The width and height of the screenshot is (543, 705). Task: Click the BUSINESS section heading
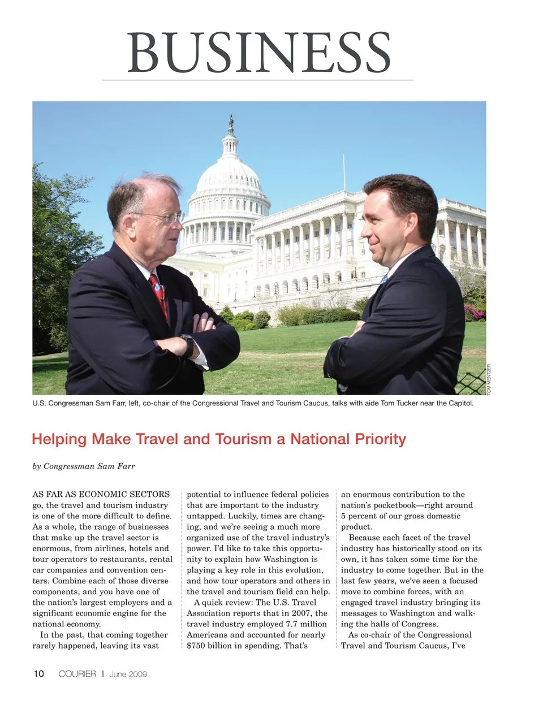pyautogui.click(x=258, y=52)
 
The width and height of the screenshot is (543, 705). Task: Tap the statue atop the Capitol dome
pyautogui.click(x=231, y=121)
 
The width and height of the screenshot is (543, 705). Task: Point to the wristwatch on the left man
pyautogui.click(x=187, y=344)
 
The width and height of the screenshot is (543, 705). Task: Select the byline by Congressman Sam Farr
pyautogui.click(x=84, y=466)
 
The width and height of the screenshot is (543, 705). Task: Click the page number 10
pyautogui.click(x=38, y=673)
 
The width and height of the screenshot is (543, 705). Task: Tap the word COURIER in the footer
pyautogui.click(x=77, y=674)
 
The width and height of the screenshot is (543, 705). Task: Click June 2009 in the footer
pyautogui.click(x=128, y=674)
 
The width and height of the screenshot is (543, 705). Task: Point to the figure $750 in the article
pyautogui.click(x=197, y=646)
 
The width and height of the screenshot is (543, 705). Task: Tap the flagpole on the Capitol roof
pyautogui.click(x=344, y=172)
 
